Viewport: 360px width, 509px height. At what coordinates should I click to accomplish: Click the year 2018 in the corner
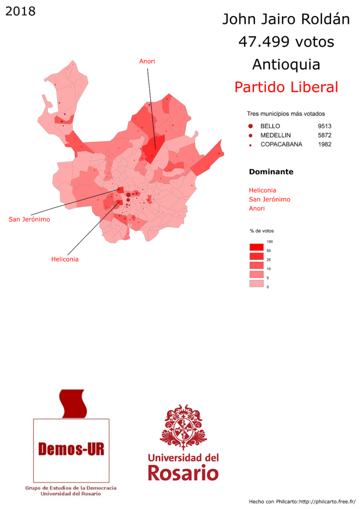[20, 11]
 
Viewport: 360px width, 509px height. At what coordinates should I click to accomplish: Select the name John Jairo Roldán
[286, 20]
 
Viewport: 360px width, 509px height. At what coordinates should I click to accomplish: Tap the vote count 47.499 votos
[286, 42]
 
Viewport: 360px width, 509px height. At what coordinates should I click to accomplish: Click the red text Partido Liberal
[286, 87]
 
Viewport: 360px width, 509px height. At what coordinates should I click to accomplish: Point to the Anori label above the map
[147, 61]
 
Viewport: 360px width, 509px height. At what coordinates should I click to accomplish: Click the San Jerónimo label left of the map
[29, 219]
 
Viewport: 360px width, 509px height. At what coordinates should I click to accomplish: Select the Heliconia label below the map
[65, 259]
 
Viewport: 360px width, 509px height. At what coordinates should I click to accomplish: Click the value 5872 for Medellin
[325, 135]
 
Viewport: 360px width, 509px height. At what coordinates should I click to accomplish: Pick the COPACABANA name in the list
[281, 144]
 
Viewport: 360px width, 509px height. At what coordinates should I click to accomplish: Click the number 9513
[325, 126]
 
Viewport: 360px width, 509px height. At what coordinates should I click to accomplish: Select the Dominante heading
[270, 172]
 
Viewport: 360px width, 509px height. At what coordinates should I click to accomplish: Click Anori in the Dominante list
[257, 208]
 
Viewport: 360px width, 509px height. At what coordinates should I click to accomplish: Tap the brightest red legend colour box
[256, 247]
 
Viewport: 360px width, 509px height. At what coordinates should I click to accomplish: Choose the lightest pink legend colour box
[256, 283]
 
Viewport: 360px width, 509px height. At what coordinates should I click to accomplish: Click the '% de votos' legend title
[262, 231]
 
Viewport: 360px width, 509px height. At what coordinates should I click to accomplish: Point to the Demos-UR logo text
[71, 450]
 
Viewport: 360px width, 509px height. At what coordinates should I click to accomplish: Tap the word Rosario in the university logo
[183, 472]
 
